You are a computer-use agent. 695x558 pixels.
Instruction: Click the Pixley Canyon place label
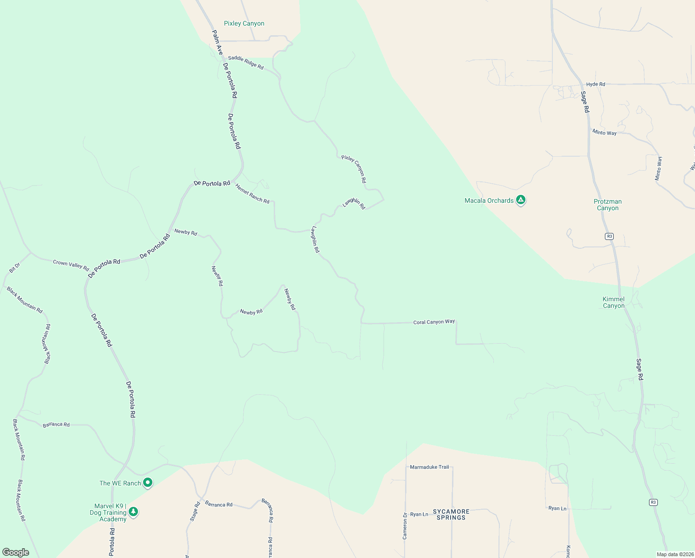pos(244,23)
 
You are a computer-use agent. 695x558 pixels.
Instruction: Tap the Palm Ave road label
pos(217,43)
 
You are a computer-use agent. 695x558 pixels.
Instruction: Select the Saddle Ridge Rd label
pos(246,63)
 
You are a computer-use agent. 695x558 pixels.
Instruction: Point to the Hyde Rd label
pos(596,84)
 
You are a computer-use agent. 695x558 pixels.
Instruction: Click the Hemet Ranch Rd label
pos(252,194)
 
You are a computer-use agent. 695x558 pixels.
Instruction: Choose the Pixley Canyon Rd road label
pos(354,169)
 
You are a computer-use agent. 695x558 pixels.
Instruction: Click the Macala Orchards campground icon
pos(521,200)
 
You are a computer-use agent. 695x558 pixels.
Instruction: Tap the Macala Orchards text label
pos(489,200)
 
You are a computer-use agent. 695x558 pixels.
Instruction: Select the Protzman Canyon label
pos(608,205)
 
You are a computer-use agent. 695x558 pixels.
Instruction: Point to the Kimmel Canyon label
pos(614,302)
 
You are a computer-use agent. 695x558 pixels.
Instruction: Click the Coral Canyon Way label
pos(434,322)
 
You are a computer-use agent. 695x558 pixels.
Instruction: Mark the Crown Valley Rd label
pos(71,264)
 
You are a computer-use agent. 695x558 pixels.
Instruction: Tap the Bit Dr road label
pos(14,268)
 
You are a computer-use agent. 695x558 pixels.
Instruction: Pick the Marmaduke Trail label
pos(429,467)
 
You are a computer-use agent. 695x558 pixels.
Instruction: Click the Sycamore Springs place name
pos(451,514)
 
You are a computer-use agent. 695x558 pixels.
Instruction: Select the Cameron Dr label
pos(405,525)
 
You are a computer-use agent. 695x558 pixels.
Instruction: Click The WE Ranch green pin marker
pos(148,483)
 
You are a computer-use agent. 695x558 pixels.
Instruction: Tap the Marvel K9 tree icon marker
pos(133,512)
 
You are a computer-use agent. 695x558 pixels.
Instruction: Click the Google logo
pos(16,552)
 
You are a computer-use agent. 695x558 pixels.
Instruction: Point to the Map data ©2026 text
pos(675,554)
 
